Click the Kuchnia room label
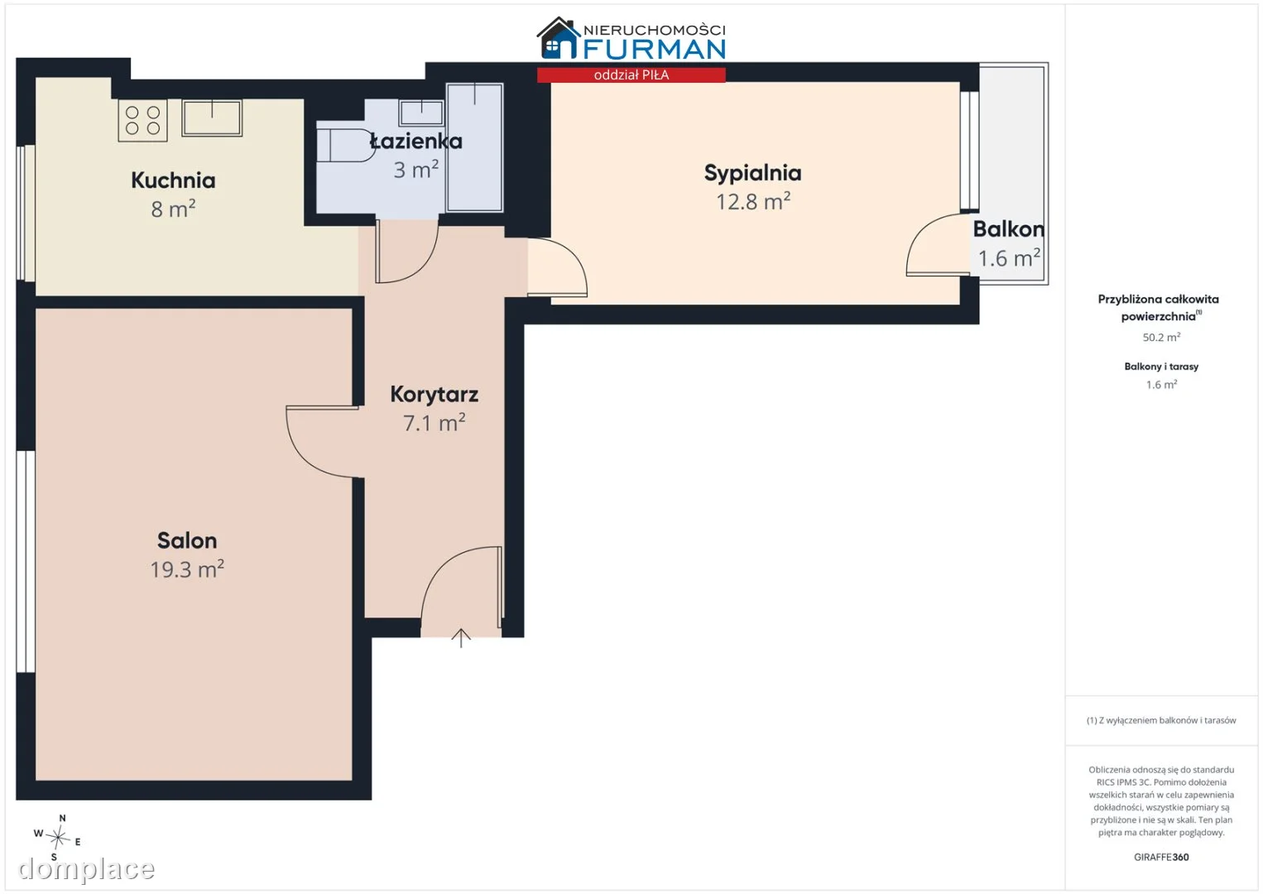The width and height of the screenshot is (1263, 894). point(173,180)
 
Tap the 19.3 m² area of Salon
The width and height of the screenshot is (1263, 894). point(186,570)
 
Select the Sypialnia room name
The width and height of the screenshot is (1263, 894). point(752,174)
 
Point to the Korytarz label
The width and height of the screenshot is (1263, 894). point(435,394)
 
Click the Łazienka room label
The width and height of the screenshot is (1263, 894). point(416,141)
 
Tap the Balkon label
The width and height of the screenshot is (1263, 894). point(1009,229)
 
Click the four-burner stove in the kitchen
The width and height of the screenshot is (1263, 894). point(142,120)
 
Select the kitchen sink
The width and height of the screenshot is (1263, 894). point(212,118)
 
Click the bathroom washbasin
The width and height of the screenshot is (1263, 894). point(421,113)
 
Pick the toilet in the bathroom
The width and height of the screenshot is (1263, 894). point(345,146)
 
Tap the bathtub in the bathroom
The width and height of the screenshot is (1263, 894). point(474,148)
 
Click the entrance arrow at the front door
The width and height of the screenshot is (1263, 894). point(461,638)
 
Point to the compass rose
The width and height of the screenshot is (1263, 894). point(58,838)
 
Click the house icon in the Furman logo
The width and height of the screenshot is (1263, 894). point(558,38)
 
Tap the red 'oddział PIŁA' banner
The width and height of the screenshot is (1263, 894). point(631,75)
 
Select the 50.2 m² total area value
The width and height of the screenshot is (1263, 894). point(1161,337)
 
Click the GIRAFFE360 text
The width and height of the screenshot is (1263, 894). point(1161,858)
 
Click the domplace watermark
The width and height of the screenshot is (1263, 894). point(86,869)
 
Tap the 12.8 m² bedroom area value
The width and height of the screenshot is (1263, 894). point(753,201)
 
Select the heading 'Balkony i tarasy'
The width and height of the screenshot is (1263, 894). point(1161,367)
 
